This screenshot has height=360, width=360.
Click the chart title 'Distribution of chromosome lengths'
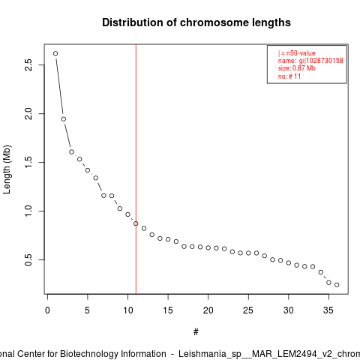(x=196, y=22)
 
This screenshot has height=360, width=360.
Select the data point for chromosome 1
(x=55, y=53)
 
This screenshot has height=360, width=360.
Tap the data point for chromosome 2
(x=64, y=119)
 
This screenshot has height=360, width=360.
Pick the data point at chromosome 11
(x=136, y=223)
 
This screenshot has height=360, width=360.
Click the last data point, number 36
(x=337, y=285)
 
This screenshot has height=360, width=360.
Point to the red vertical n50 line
(x=136, y=169)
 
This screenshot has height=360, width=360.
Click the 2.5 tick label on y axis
(x=28, y=65)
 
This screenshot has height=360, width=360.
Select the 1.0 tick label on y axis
(x=28, y=211)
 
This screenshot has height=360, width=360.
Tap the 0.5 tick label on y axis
(x=28, y=259)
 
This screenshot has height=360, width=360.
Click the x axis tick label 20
(x=208, y=310)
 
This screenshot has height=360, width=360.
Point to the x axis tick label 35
(x=328, y=310)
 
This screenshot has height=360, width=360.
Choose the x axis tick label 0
(x=47, y=310)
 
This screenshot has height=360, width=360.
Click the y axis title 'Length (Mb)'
(x=7, y=169)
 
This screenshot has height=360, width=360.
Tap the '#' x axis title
(x=196, y=332)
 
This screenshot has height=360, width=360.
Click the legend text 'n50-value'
(x=301, y=53)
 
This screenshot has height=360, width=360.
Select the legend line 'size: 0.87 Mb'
(x=297, y=68)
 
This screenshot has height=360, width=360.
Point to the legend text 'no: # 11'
(x=289, y=76)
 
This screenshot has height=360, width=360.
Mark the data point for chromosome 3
(x=71, y=151)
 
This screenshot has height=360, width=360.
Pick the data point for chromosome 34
(x=321, y=272)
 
